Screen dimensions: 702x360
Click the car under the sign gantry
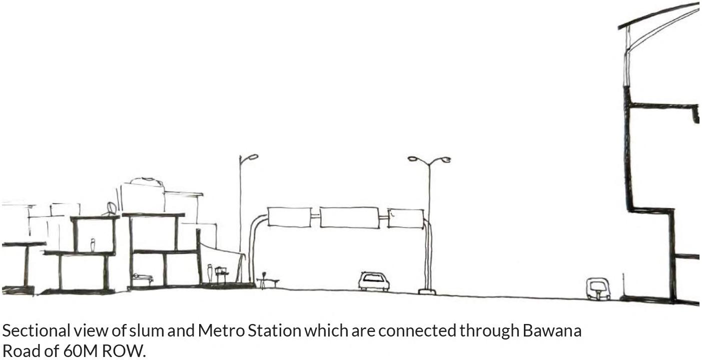pyautogui.click(x=374, y=281)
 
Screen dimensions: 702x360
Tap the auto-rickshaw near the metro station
pyautogui.click(x=598, y=289)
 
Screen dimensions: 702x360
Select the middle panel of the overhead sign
pyautogui.click(x=349, y=217)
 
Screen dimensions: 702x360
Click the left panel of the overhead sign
pyautogui.click(x=289, y=217)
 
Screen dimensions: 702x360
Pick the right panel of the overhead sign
pyautogui.click(x=406, y=218)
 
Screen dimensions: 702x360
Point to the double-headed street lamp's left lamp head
pyautogui.click(x=413, y=159)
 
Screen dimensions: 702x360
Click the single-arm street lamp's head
pyautogui.click(x=253, y=157)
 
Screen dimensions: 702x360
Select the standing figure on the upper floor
pyautogui.click(x=93, y=245)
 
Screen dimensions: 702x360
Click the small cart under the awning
pyautogui.click(x=222, y=274)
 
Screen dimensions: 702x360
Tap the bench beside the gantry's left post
pyautogui.click(x=268, y=281)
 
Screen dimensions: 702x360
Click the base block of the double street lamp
pyautogui.click(x=427, y=291)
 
